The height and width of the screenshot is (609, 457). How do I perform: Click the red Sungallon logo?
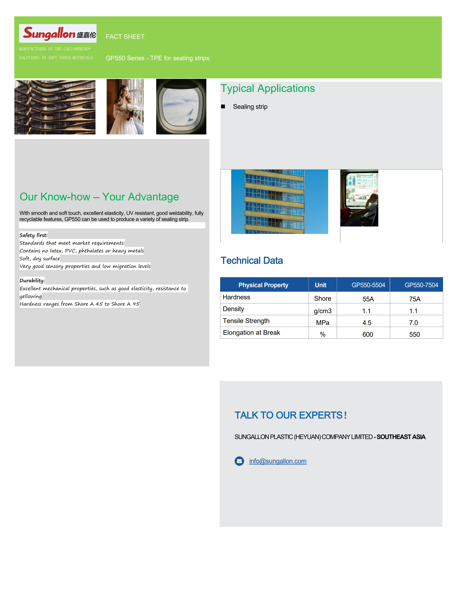pos(49,33)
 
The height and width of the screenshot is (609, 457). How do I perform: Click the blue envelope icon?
pos(239,461)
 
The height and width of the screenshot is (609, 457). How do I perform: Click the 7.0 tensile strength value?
pos(413,323)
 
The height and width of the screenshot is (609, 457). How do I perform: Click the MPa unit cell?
pos(322,323)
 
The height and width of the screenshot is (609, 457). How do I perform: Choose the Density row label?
pos(233,309)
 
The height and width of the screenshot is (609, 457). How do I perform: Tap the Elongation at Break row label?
pos(251,333)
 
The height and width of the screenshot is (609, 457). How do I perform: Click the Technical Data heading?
pos(252,260)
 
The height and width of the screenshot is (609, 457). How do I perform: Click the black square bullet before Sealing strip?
pos(223,106)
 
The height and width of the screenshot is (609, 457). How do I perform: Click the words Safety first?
pos(33,235)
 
